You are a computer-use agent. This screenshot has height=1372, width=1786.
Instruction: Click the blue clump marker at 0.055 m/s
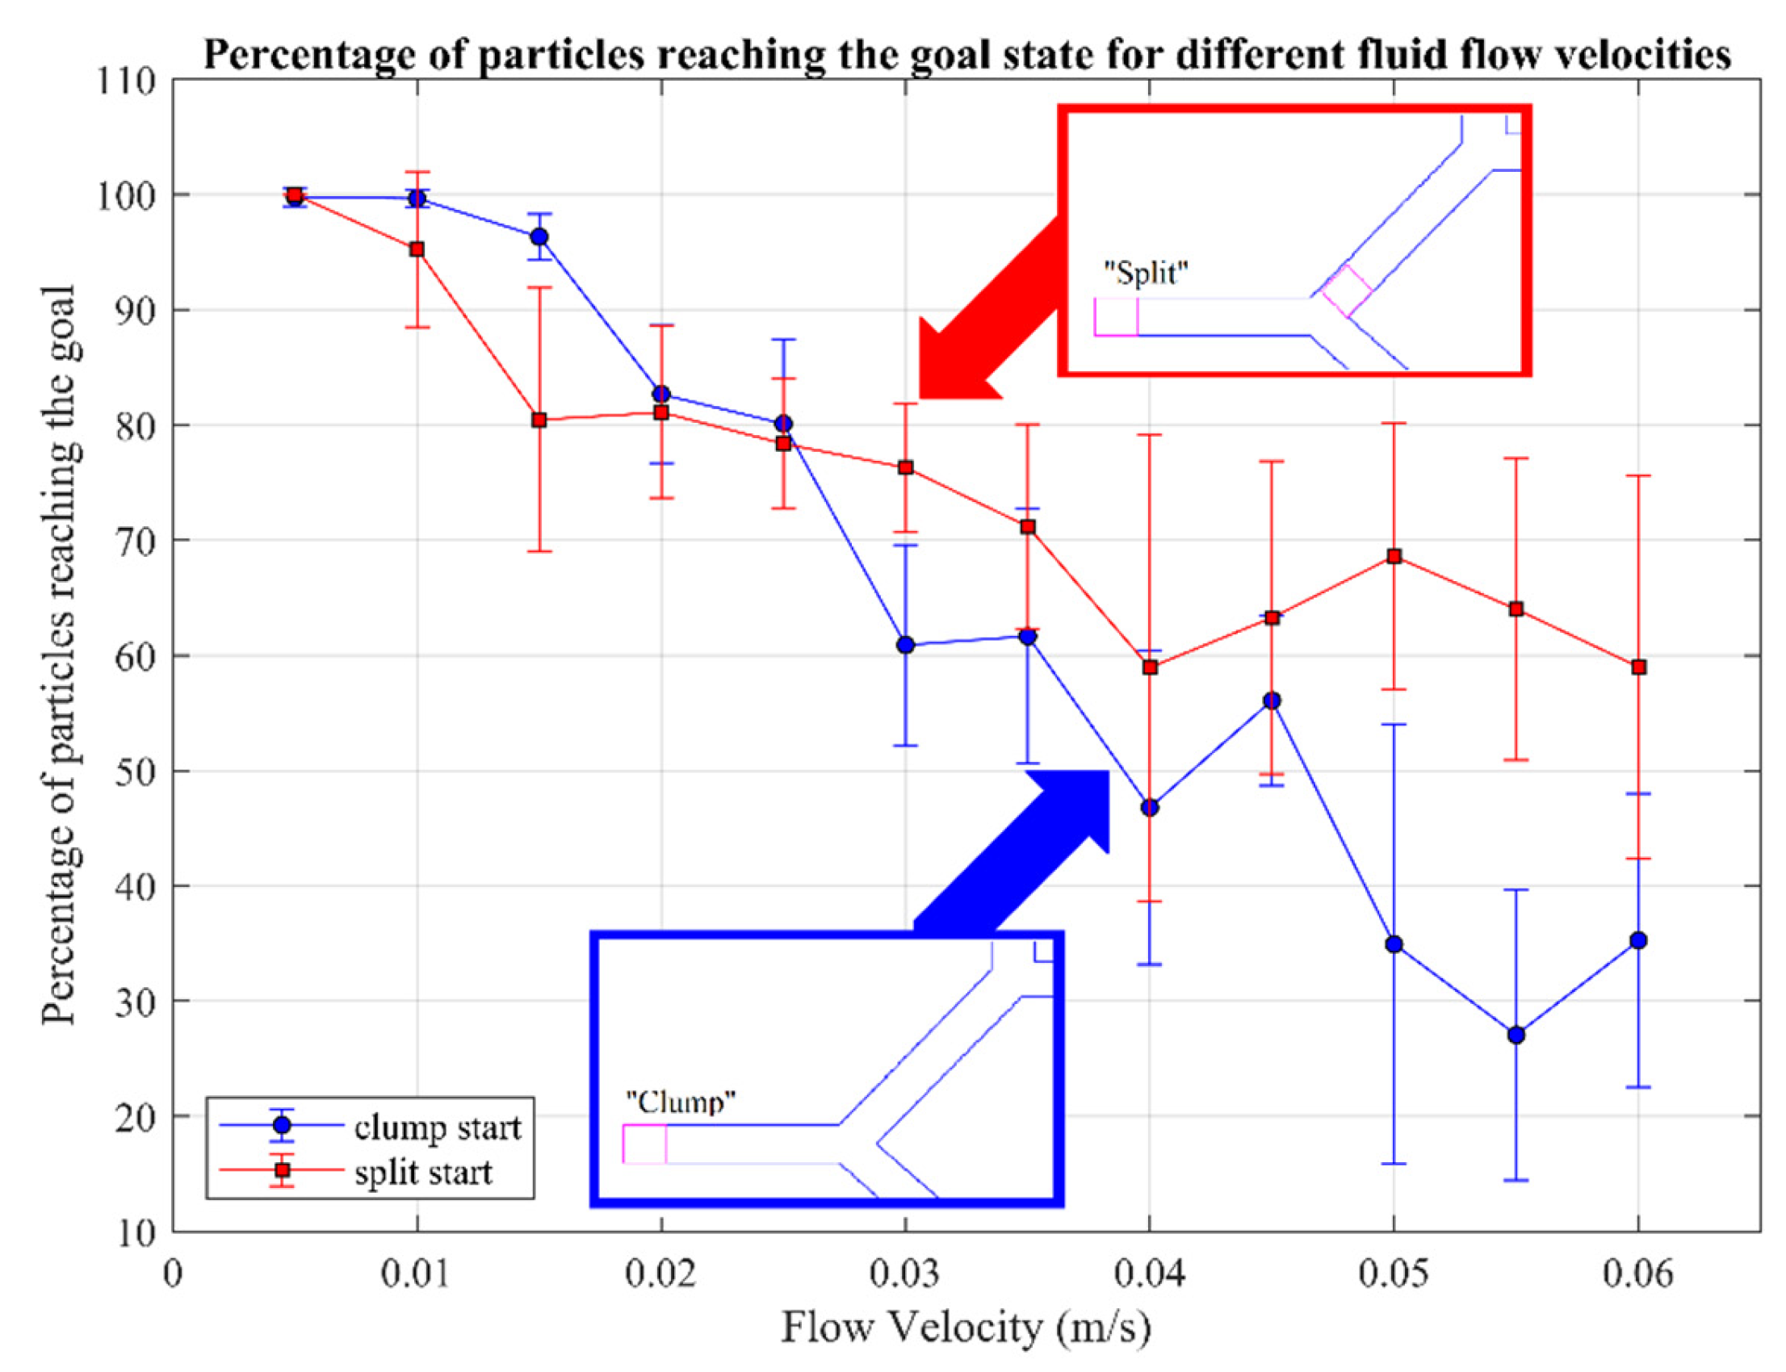coord(1516,1035)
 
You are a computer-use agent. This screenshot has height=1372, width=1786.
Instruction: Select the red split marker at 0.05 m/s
coord(1394,556)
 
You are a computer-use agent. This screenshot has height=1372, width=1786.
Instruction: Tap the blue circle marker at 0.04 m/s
coord(1150,807)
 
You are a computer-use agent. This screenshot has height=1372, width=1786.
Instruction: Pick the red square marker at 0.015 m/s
coord(539,420)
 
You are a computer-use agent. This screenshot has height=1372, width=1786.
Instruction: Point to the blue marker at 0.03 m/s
coord(905,645)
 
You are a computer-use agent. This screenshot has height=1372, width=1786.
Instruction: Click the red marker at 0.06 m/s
coord(1638,667)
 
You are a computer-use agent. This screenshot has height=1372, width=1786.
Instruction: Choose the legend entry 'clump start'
coord(437,1127)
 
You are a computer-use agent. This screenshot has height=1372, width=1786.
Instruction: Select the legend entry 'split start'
coord(423,1173)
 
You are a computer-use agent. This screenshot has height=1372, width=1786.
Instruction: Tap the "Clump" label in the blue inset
coord(681,1102)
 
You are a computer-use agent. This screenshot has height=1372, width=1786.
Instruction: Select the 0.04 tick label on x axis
coord(1149,1274)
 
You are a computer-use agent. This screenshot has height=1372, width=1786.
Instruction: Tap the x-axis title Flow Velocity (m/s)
coord(966,1327)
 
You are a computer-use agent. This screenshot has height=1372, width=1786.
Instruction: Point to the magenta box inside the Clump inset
coord(644,1144)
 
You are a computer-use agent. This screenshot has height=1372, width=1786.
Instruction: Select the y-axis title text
coord(61,654)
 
